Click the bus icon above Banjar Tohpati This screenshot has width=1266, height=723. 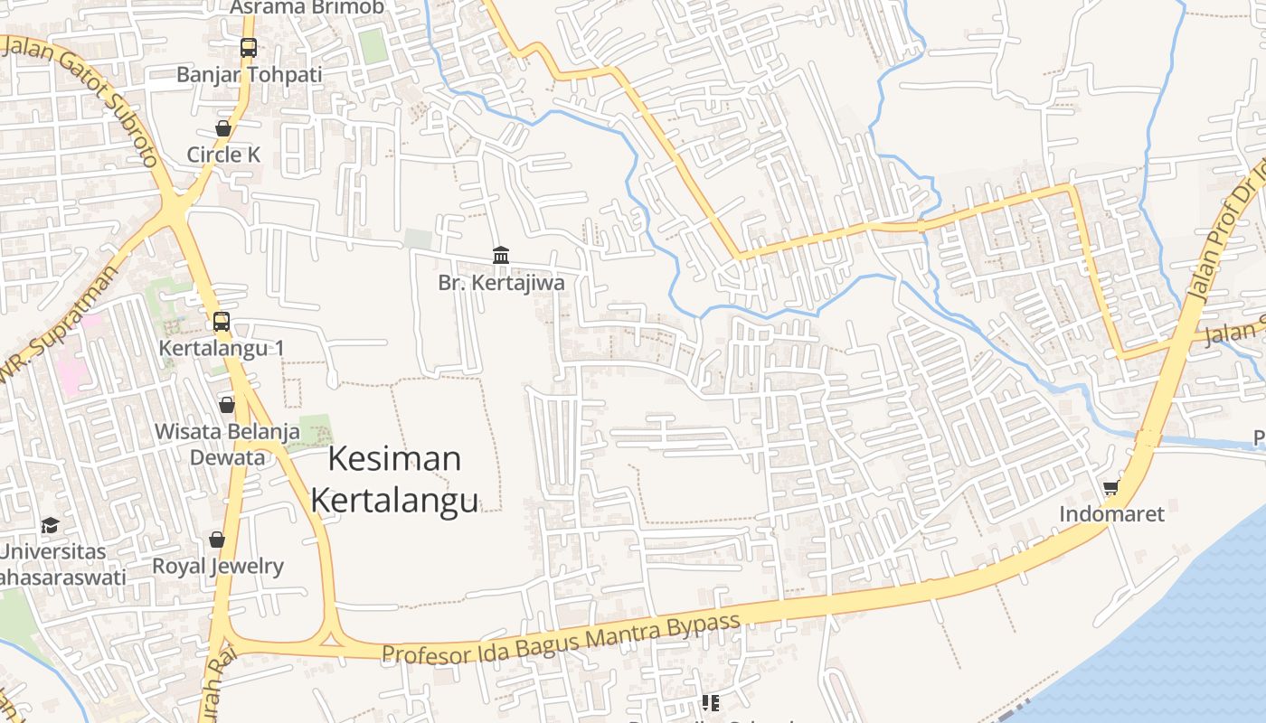click(248, 48)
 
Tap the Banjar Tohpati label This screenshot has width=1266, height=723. click(249, 74)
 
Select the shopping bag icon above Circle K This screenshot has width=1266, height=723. click(223, 128)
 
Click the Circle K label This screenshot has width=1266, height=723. click(223, 155)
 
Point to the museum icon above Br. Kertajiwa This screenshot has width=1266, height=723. click(500, 255)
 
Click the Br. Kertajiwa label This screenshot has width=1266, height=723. click(501, 283)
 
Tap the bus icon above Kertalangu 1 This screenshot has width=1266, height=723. click(222, 321)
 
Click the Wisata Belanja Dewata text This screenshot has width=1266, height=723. click(227, 444)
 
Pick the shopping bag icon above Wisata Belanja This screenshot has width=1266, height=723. click(226, 404)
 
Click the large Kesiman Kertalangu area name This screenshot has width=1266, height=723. click(394, 479)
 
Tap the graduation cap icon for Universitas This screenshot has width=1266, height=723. click(50, 525)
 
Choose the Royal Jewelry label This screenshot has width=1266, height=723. click(217, 567)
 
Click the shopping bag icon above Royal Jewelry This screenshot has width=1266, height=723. click(217, 540)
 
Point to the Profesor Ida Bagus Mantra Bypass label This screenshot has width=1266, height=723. click(561, 639)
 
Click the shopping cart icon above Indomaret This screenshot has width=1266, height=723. click(1111, 488)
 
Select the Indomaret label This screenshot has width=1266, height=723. click(1111, 514)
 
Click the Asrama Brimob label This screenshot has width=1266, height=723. click(307, 7)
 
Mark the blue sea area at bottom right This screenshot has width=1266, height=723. click(1185, 633)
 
